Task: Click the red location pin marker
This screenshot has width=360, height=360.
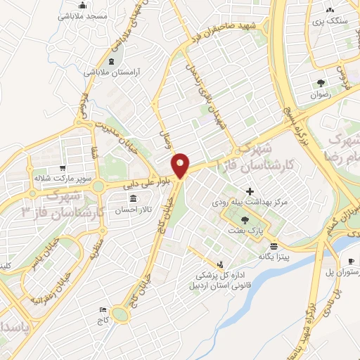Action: click(181, 165)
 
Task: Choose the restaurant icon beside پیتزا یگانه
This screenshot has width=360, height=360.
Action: click(273, 245)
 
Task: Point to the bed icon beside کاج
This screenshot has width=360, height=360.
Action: click(103, 309)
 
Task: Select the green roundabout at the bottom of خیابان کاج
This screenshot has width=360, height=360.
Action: click(120, 314)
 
